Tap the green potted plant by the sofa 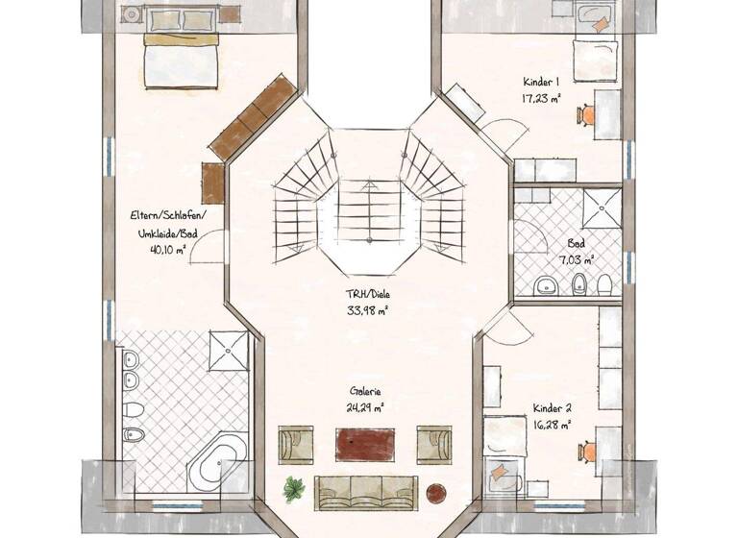pos(294,489)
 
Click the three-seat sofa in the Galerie pos(365,491)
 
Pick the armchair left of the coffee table pos(295,445)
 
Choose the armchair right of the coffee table pos(434,445)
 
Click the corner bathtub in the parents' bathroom pos(217,461)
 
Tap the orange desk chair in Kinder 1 pos(587,115)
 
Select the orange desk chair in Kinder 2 pos(586,450)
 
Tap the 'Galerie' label pos(365,392)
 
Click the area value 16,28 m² pos(553,422)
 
